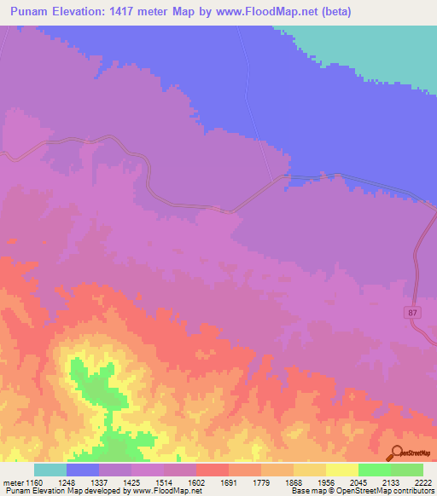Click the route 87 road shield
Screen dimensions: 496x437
(x=414, y=313)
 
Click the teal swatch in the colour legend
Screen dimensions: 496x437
(x=50, y=470)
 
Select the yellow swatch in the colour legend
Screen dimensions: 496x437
(x=342, y=470)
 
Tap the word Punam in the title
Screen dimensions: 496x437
(x=29, y=12)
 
